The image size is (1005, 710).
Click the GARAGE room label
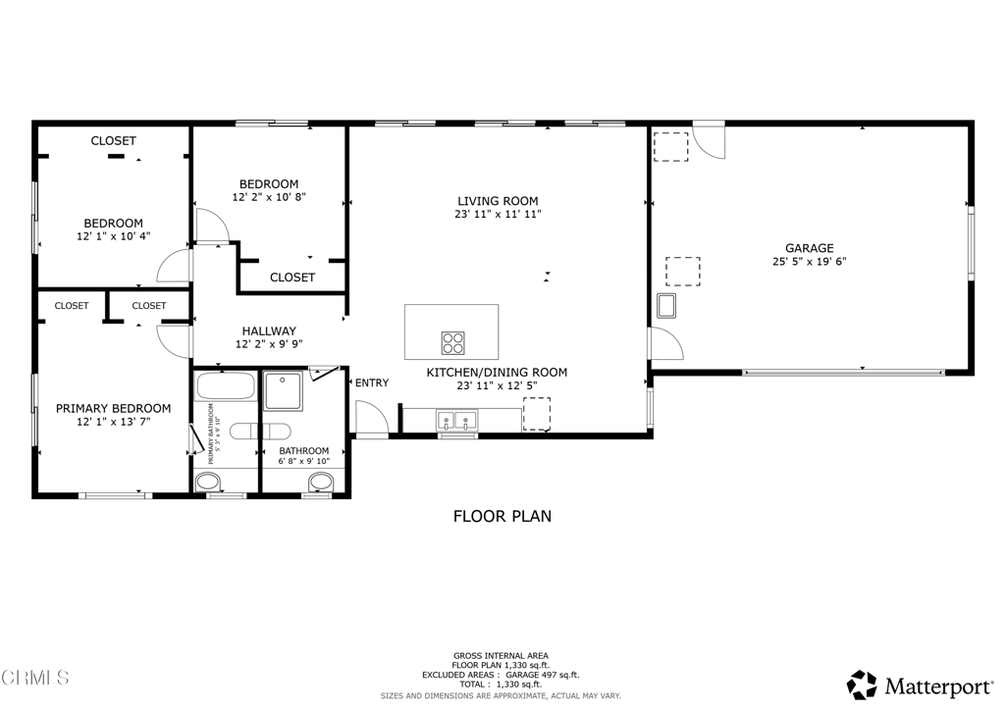(x=809, y=248)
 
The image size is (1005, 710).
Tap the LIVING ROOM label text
(x=498, y=201)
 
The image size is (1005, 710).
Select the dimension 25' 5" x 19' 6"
(x=809, y=262)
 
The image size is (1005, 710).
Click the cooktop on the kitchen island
(x=452, y=343)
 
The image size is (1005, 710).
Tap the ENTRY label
(x=371, y=382)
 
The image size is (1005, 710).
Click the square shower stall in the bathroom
(x=287, y=390)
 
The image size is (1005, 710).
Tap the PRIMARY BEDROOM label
(x=113, y=409)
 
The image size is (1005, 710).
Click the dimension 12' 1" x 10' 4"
(x=113, y=236)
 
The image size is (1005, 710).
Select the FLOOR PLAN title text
(x=502, y=516)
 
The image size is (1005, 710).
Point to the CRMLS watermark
(x=35, y=678)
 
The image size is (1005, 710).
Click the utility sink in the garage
(x=667, y=306)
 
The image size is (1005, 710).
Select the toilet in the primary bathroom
(x=208, y=482)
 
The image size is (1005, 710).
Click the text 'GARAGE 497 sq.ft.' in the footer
(x=544, y=675)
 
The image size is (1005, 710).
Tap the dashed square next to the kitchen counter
(x=536, y=413)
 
